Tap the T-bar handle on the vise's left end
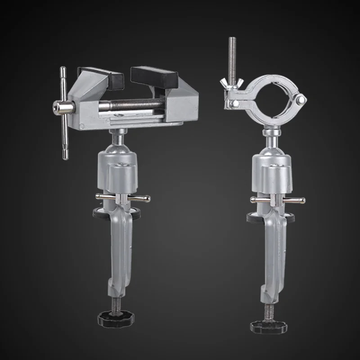pos(63,112)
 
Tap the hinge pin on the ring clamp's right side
pos(302,99)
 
